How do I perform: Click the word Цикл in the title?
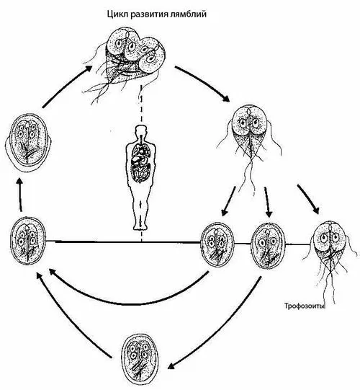click(x=117, y=14)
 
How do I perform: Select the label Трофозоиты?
click(x=305, y=306)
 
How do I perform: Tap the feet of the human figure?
click(x=141, y=226)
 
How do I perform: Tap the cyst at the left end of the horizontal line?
click(x=28, y=241)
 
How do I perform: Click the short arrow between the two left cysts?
click(x=20, y=195)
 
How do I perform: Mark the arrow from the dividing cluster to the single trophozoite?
click(x=202, y=83)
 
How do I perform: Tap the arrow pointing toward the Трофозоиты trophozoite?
click(x=308, y=199)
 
